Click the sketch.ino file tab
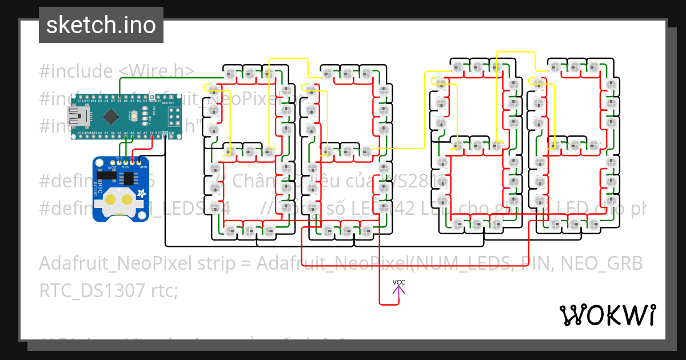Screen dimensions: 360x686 tap(101, 25)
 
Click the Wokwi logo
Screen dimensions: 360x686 tap(607, 315)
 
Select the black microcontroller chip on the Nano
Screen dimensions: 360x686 tap(110, 117)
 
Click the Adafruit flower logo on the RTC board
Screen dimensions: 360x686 tap(139, 194)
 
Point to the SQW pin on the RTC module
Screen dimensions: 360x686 tap(111, 163)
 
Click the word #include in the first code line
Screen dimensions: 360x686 tap(76, 71)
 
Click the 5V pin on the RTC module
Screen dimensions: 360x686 tap(131, 163)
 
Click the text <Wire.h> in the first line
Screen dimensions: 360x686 tap(157, 71)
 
